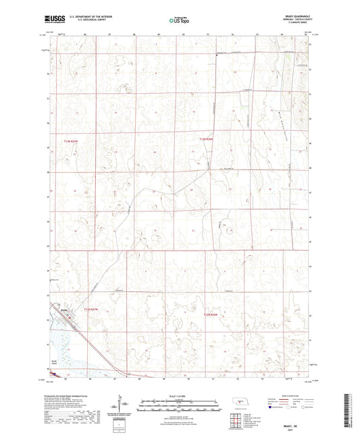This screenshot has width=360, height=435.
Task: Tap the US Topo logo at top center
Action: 179,20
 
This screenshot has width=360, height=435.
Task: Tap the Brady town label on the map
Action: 65,310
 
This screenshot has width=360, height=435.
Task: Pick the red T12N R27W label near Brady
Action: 91,309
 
